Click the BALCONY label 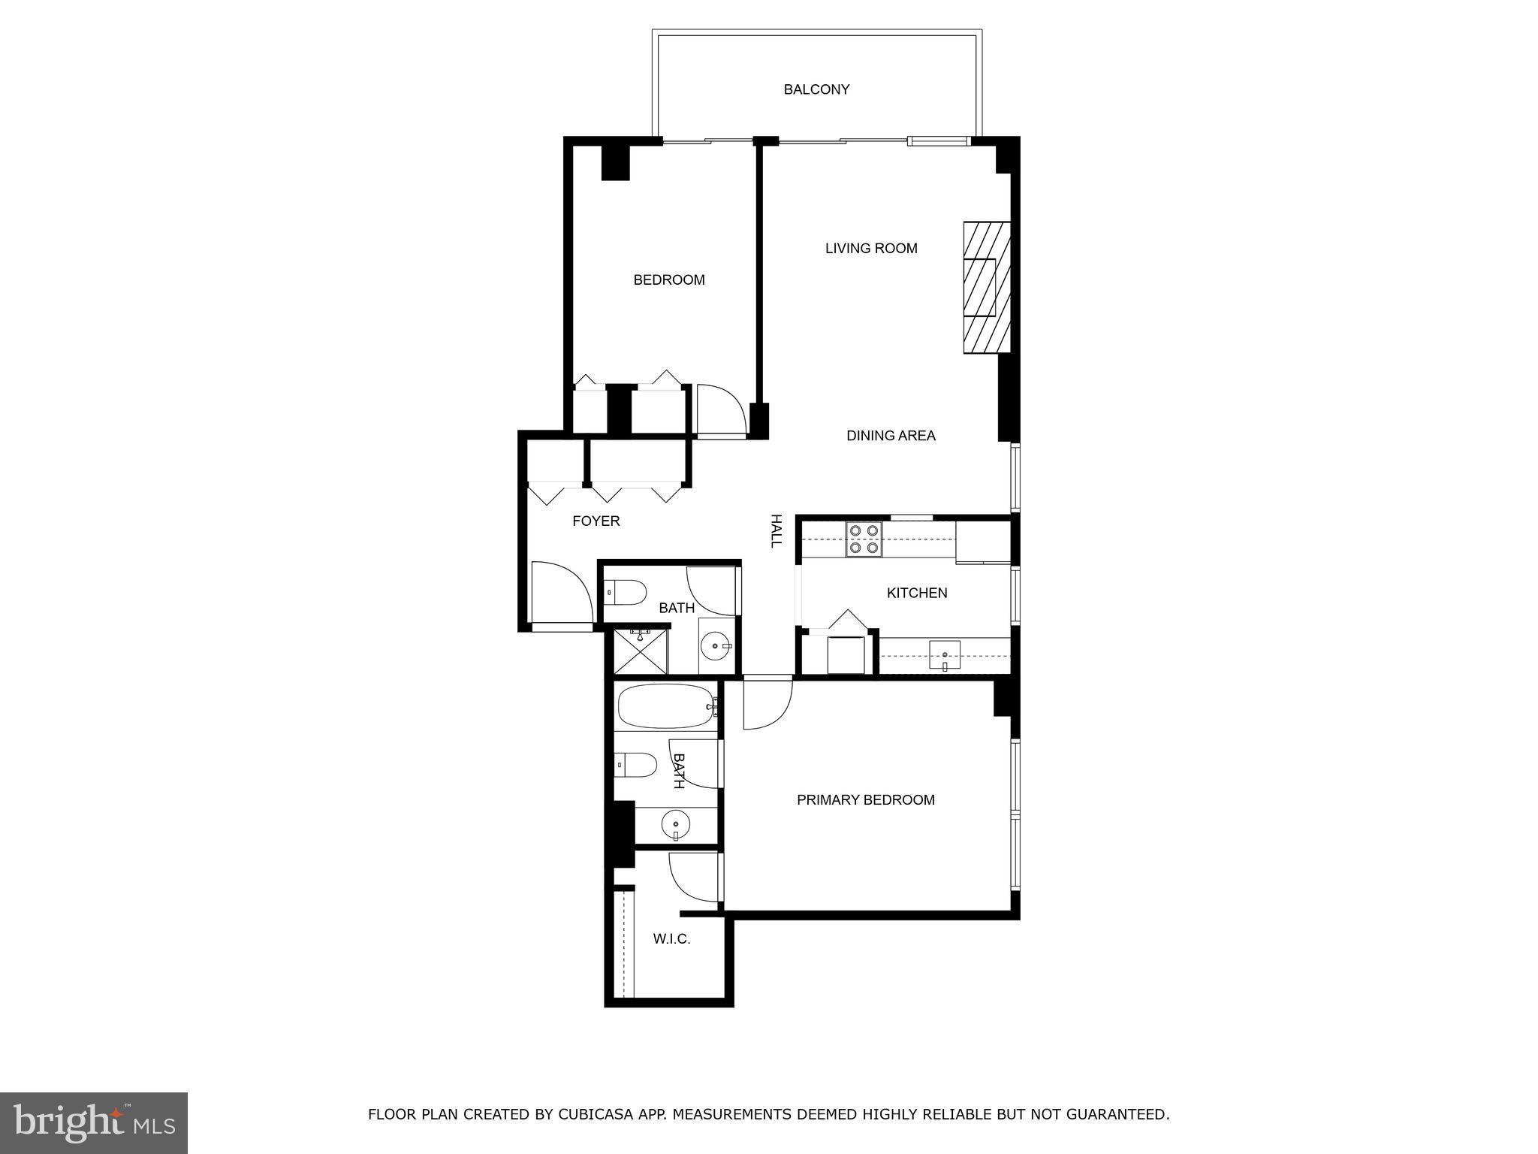point(816,89)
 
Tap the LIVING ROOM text point(871,248)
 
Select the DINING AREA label point(891,435)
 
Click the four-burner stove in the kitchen point(864,539)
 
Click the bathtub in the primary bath point(665,705)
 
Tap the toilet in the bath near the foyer point(626,593)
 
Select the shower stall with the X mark point(640,651)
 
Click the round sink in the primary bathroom point(676,825)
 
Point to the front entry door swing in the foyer point(560,592)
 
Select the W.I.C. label point(671,939)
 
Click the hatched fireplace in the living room point(986,287)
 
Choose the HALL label point(777,531)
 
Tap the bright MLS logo point(94,1122)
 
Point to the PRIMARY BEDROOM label point(865,800)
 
